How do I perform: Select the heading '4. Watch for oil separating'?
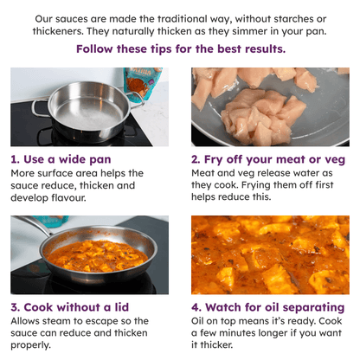pyautogui.click(x=267, y=307)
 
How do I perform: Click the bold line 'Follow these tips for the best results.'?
pyautogui.click(x=180, y=49)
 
